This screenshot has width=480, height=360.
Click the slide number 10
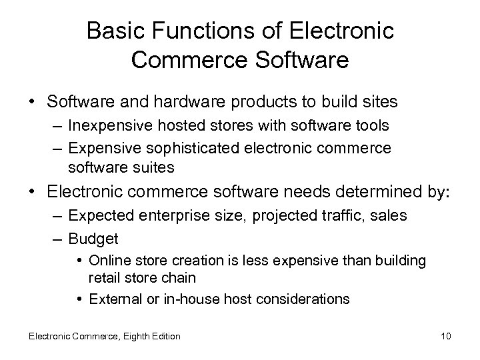coord(445,336)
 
